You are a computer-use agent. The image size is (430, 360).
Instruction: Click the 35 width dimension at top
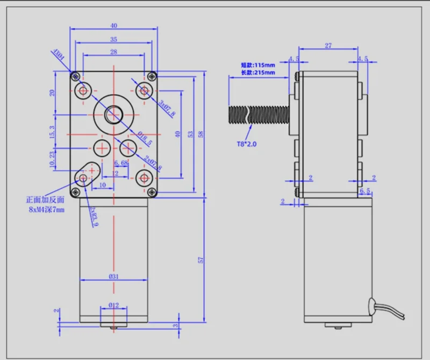(x=113, y=40)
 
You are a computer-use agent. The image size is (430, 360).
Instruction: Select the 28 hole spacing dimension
(x=113, y=52)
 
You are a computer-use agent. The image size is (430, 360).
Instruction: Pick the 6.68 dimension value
(x=121, y=163)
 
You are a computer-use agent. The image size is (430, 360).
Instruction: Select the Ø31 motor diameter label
(x=113, y=277)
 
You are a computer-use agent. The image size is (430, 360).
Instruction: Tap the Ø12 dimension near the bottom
(x=113, y=305)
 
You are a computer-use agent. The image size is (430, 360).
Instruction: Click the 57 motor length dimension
(x=201, y=260)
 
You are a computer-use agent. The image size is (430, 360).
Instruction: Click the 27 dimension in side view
(x=328, y=46)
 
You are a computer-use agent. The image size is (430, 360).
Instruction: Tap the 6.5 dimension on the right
(x=364, y=190)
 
